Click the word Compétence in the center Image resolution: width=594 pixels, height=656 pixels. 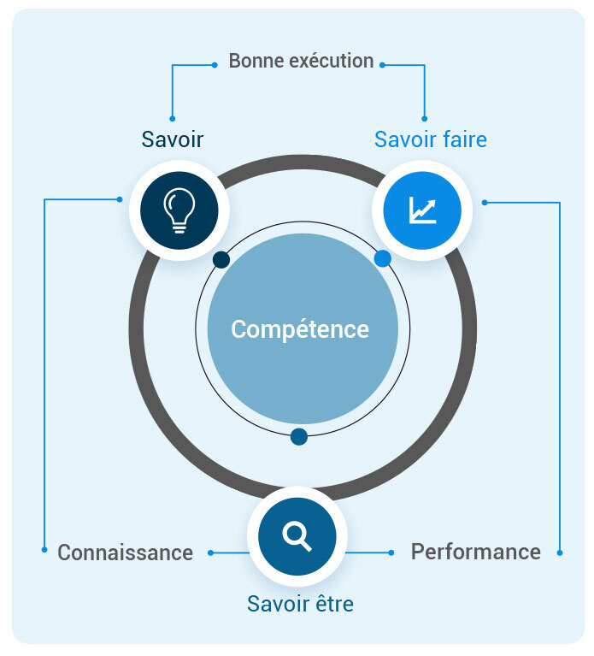(x=300, y=329)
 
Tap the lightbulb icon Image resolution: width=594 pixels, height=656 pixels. (x=179, y=210)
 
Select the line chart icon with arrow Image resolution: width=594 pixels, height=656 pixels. (x=422, y=210)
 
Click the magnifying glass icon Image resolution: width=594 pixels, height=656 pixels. (x=297, y=537)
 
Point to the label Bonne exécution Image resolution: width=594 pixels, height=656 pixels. (x=301, y=61)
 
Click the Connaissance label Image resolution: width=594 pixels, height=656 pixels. (x=126, y=553)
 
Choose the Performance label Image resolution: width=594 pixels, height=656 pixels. (x=476, y=552)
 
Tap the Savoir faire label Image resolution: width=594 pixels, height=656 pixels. (x=431, y=139)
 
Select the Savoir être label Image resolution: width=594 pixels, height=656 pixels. (x=300, y=604)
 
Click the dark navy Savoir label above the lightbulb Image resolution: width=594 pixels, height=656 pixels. (x=173, y=139)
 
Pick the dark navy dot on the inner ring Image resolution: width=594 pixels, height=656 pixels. (x=221, y=260)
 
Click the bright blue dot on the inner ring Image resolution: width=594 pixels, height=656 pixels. (x=383, y=258)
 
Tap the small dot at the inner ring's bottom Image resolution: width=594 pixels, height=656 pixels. (x=299, y=437)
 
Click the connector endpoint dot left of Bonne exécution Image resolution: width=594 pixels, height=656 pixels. (x=215, y=65)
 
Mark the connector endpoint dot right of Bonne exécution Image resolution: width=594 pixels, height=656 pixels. (x=382, y=65)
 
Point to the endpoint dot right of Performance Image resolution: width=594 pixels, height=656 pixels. (x=560, y=553)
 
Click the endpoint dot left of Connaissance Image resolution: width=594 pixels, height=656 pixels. (x=44, y=550)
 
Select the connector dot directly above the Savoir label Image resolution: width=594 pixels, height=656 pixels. (x=173, y=119)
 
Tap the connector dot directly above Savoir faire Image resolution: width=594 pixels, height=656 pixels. (x=424, y=119)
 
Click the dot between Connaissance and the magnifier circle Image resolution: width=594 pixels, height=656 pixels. (x=211, y=553)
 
